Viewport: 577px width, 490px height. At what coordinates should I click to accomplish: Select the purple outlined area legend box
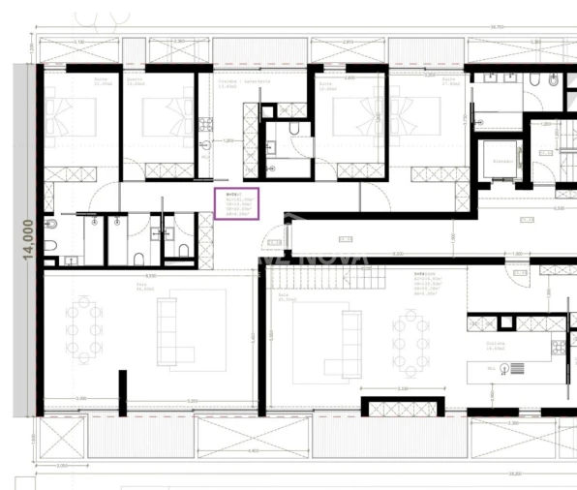[237, 203]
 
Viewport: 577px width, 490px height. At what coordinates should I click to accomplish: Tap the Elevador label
[502, 161]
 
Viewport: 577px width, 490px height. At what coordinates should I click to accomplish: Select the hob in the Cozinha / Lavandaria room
[204, 124]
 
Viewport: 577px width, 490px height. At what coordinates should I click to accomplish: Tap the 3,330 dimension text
[80, 398]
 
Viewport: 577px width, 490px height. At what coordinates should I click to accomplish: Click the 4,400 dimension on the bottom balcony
[253, 449]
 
